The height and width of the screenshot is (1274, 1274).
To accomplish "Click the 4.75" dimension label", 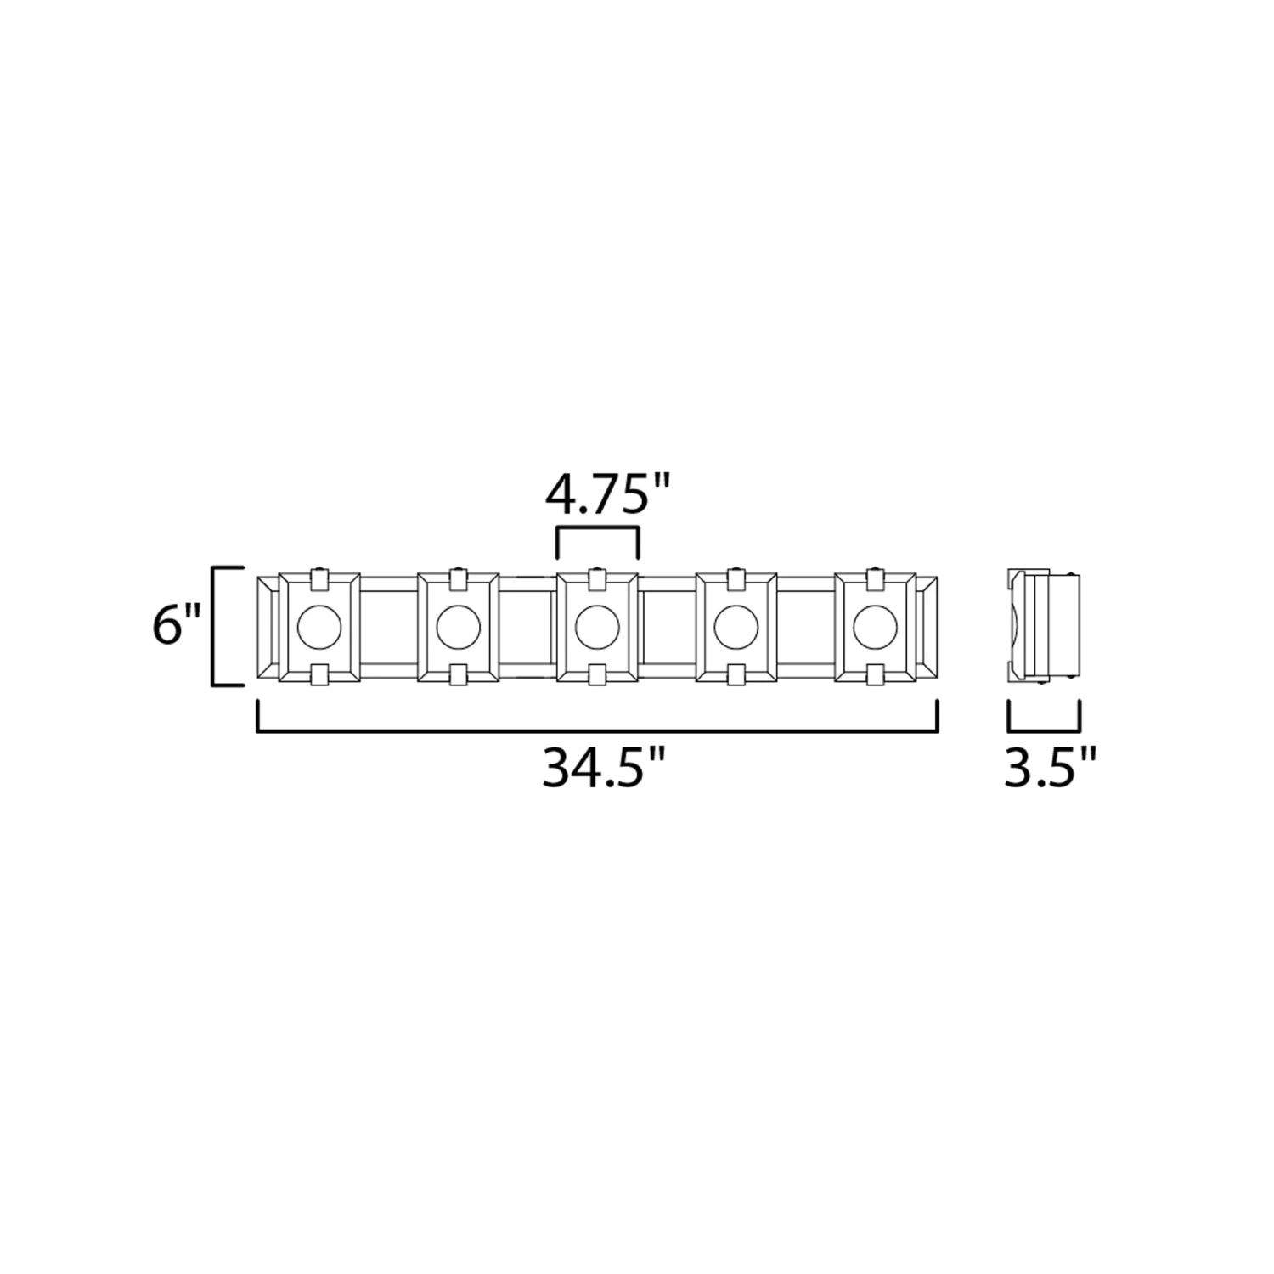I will [607, 497].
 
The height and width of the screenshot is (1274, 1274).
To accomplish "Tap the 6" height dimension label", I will [177, 626].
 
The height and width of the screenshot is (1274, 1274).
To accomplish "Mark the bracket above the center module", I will [597, 529].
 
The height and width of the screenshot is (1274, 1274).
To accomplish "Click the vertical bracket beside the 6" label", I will [213, 625].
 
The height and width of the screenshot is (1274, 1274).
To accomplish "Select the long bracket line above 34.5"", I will [597, 729].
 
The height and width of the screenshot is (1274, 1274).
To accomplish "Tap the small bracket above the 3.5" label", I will [1044, 729].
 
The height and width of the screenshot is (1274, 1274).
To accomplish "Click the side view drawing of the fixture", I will [1044, 626].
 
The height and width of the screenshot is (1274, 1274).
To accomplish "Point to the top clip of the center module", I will [597, 580].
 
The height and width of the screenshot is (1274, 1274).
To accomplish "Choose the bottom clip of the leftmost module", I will [319, 674].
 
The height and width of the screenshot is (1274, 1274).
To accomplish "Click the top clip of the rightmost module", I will [876, 580].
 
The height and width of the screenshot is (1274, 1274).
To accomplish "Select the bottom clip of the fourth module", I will [736, 674].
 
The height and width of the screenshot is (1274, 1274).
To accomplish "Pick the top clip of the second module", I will [459, 580].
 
